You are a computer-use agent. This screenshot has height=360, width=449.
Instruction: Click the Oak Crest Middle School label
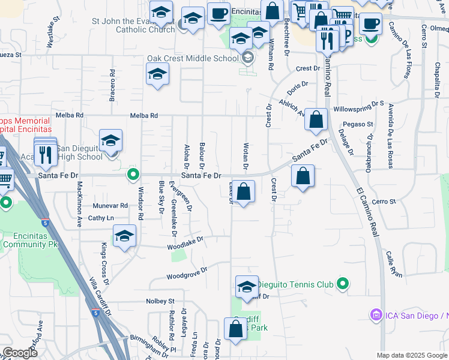(193, 59)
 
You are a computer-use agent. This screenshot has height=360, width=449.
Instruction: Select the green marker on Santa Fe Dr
(134, 175)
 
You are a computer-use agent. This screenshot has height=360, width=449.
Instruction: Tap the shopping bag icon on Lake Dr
(244, 193)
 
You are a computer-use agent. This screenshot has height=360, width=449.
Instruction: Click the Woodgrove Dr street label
(187, 273)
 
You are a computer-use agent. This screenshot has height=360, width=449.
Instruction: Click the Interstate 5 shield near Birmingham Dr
(96, 313)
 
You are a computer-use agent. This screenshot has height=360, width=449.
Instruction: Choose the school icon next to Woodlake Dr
(125, 236)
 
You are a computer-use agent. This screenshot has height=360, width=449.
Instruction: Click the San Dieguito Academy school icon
(110, 141)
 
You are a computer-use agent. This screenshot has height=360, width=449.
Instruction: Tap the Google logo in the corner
(20, 353)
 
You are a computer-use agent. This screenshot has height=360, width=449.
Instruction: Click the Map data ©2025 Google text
(411, 355)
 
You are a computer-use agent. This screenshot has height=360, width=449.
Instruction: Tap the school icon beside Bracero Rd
(157, 74)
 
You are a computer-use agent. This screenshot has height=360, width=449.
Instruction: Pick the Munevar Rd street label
(110, 205)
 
